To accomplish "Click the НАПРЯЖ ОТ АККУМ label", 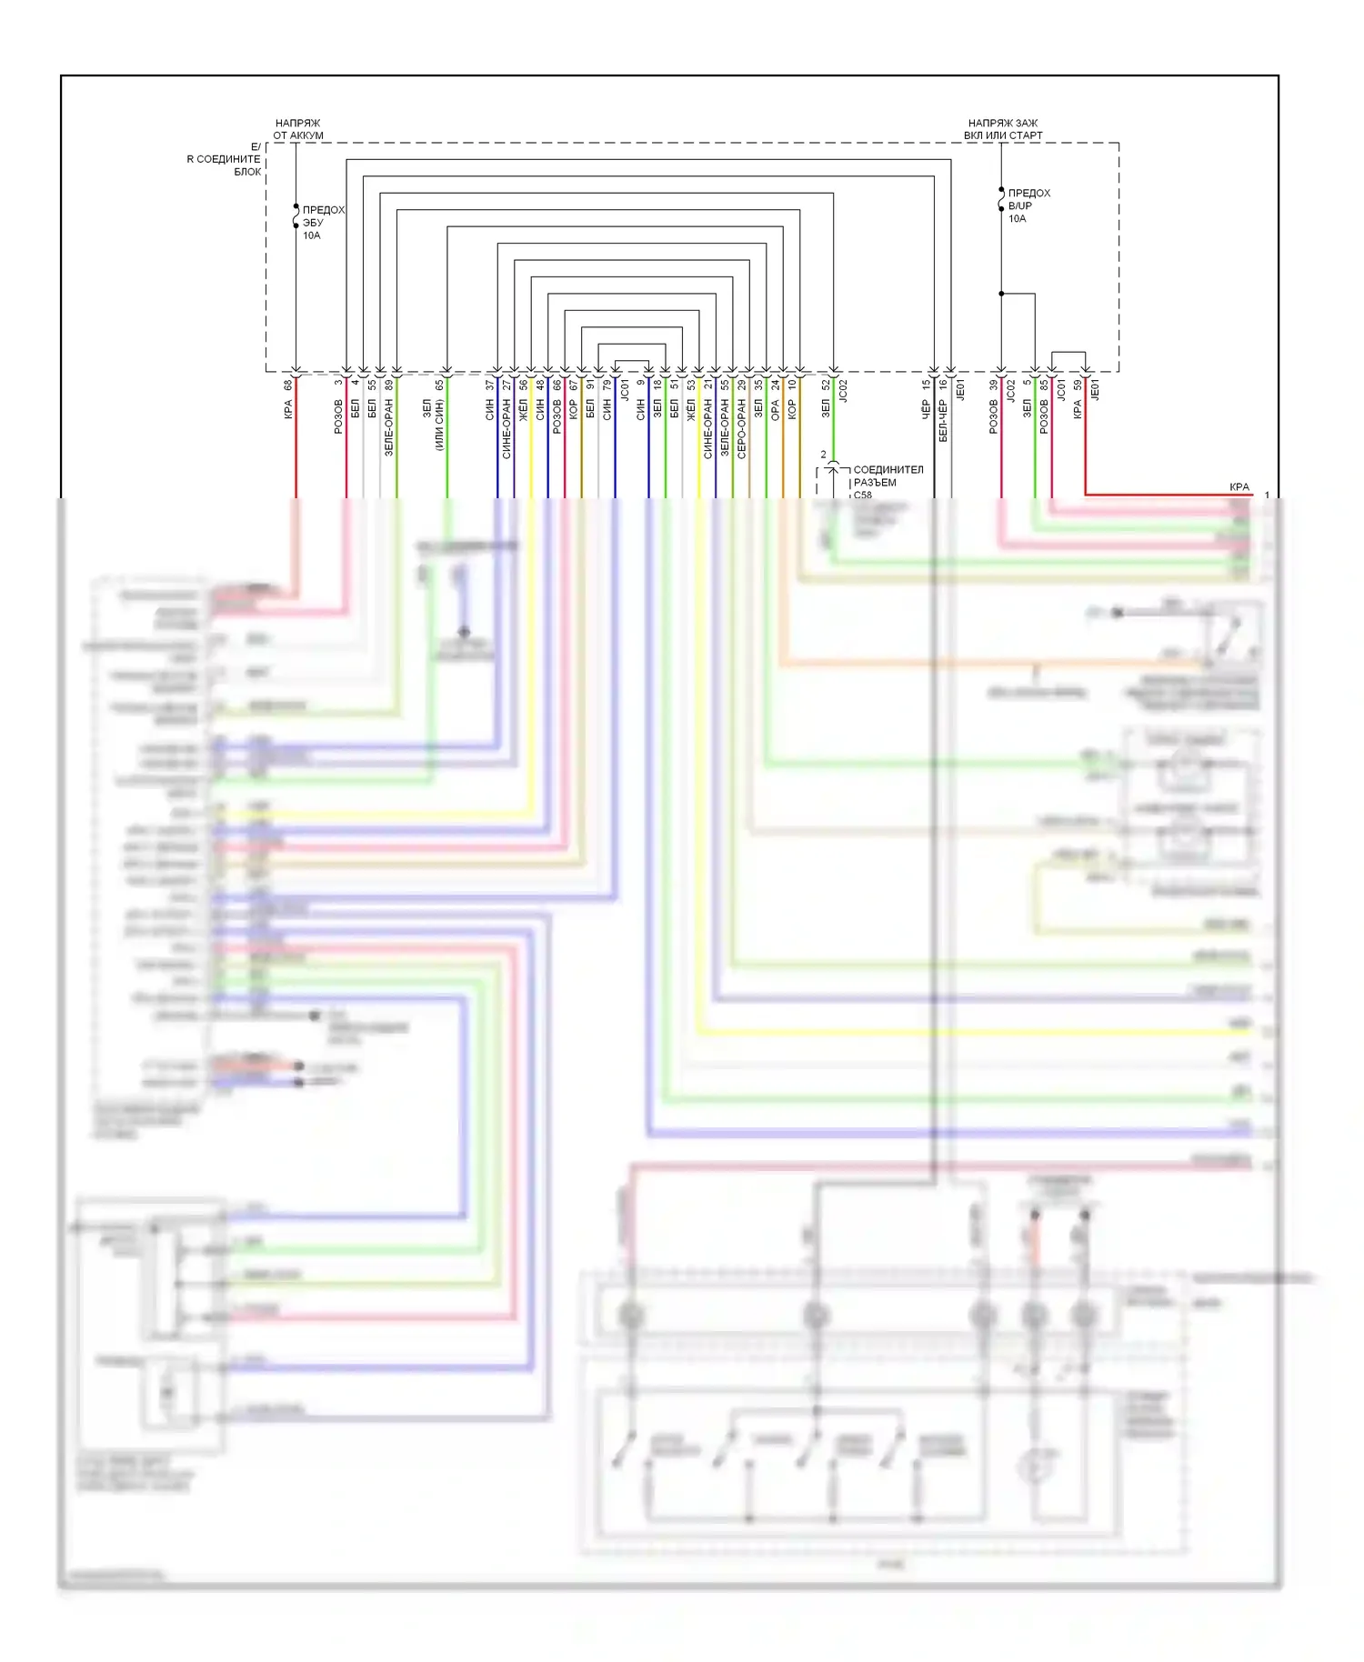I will click(x=298, y=129).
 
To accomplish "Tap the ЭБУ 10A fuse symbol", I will click(x=296, y=216).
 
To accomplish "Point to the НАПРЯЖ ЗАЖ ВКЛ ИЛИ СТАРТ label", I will click(x=1003, y=129).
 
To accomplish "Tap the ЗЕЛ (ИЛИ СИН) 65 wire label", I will click(x=433, y=414).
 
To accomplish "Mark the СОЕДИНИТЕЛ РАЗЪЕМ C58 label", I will click(x=887, y=482).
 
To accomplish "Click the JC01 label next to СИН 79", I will click(x=625, y=391).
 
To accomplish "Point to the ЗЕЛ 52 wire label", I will click(x=826, y=400).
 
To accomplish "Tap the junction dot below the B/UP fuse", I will click(x=1001, y=294).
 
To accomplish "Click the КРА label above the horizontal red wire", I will click(x=1239, y=487).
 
